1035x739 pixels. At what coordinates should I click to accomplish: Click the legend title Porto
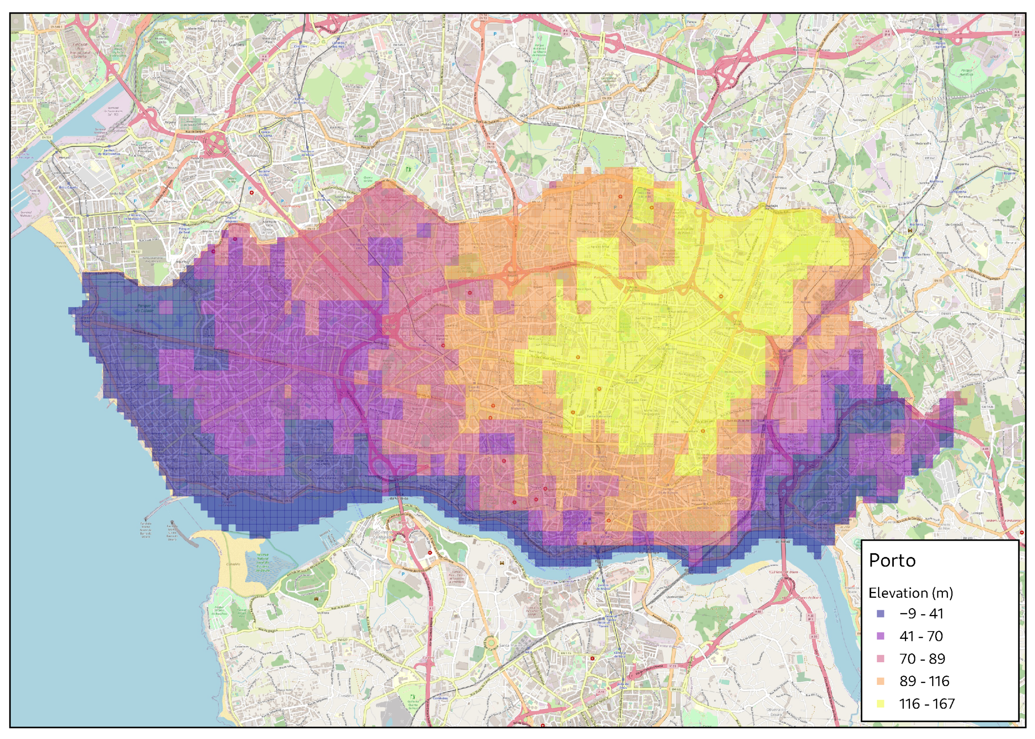point(892,560)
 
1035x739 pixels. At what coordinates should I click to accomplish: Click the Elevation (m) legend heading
point(910,593)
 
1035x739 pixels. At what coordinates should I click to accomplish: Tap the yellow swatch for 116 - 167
point(880,704)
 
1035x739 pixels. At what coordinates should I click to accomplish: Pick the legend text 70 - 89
point(922,659)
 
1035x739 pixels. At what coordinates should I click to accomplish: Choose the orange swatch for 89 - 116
point(880,681)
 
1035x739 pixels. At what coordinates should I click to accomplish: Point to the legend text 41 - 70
point(921,636)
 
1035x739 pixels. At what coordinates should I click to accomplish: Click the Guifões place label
point(237,45)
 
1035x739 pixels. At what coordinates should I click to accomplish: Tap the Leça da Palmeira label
point(28,97)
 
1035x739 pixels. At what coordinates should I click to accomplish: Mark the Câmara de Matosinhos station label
point(135,217)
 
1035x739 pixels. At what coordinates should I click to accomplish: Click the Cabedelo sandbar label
point(233,564)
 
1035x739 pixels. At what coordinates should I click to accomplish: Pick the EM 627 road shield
point(342,640)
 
